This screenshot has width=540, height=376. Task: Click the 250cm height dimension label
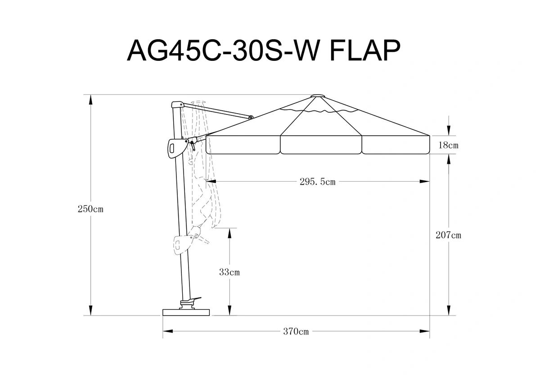pos(90,209)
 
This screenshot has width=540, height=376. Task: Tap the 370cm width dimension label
pos(296,331)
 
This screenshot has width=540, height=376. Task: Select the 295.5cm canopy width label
pos(318,182)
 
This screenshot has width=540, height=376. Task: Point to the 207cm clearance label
pos(448,235)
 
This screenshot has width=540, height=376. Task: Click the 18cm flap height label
pos(448,145)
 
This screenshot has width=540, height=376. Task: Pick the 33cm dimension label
pos(229,272)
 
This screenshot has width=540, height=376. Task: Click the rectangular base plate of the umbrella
pos(186,312)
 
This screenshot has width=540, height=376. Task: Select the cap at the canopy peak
pos(318,96)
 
